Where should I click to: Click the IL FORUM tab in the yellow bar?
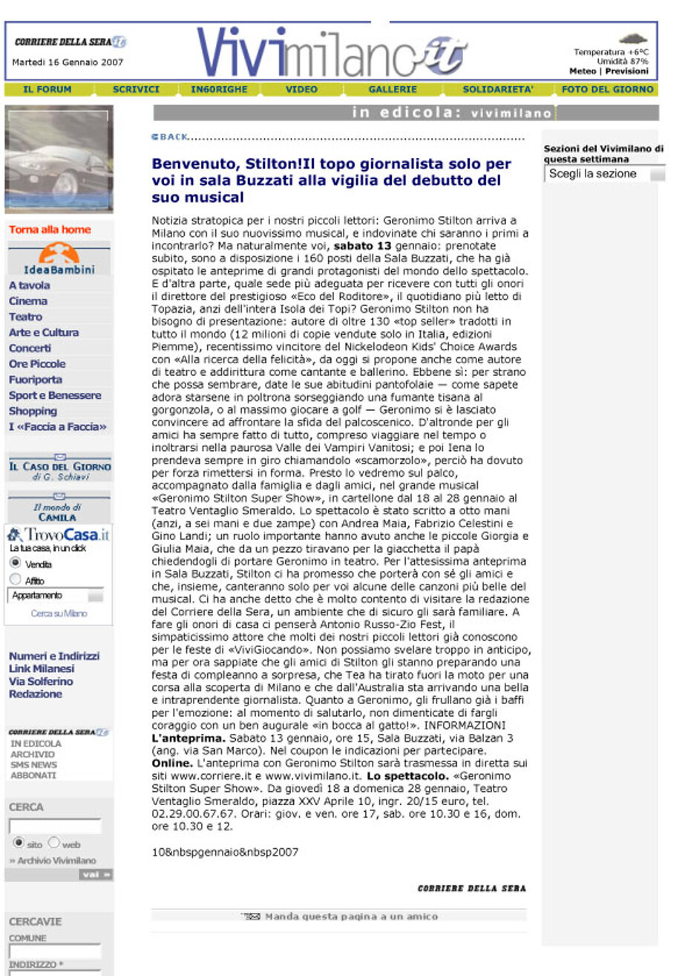click(47, 89)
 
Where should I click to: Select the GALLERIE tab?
click(393, 89)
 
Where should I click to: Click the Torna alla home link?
click(50, 230)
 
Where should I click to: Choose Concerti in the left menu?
click(30, 348)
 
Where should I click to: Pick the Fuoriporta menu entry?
click(34, 380)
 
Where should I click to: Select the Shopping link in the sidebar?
click(33, 411)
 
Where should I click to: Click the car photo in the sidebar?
click(59, 160)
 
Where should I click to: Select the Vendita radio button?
click(15, 564)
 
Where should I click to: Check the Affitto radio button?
click(15, 579)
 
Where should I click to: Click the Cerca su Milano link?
click(59, 614)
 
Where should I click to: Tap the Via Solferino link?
click(41, 681)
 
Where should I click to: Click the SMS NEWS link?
click(33, 764)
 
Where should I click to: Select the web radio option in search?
click(53, 844)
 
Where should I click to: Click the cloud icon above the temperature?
click(632, 39)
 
